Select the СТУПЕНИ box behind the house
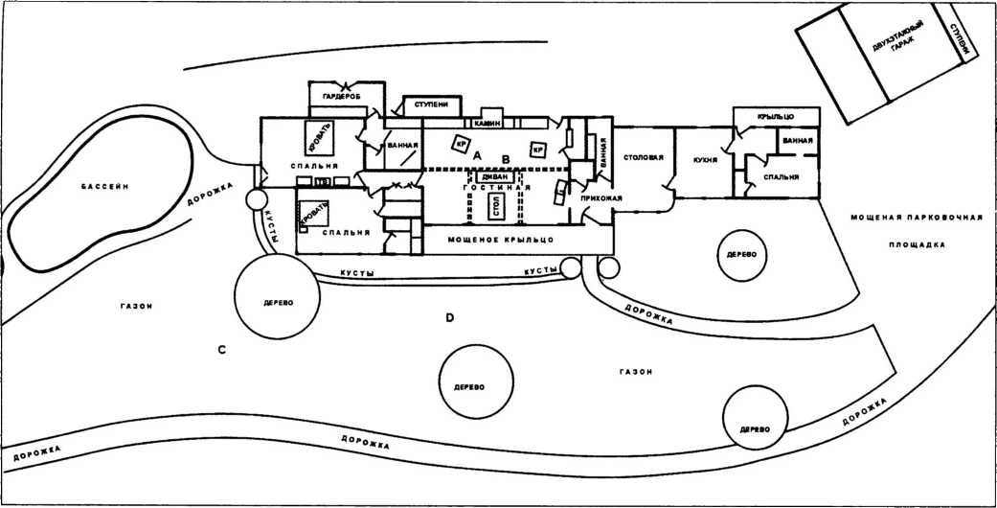(430, 104)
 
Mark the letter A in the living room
(476, 155)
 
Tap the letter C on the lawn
(221, 349)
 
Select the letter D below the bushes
(449, 316)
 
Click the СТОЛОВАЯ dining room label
(644, 158)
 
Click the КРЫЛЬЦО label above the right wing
(776, 116)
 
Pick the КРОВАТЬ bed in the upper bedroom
(318, 139)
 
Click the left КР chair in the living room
(460, 146)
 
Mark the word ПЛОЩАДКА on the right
(916, 244)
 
